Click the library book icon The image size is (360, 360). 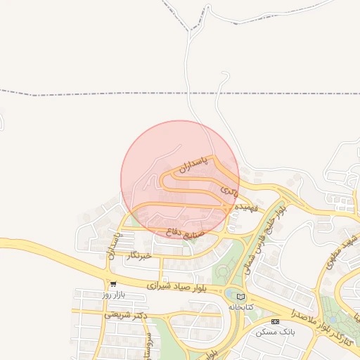point(241,296)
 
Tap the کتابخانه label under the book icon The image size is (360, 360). point(241,307)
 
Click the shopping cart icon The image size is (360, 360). point(112,284)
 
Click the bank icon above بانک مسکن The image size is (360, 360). point(275,321)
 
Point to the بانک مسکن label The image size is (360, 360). point(275,331)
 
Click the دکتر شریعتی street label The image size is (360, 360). point(126,315)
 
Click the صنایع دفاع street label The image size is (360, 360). point(186,230)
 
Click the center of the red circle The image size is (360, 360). point(180,179)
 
